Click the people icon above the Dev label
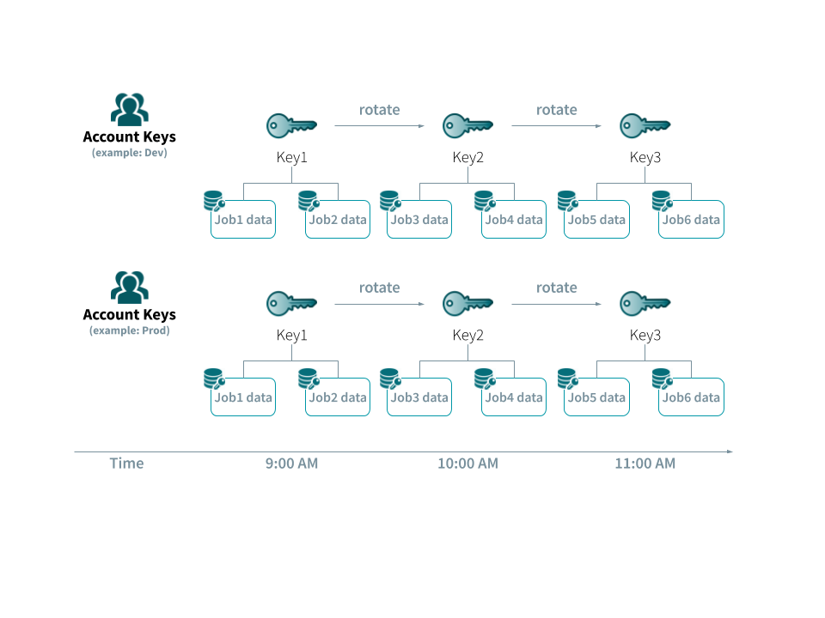pos(130,109)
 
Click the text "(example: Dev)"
pos(129,153)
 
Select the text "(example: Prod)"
pos(129,330)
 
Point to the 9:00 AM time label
pos(291,463)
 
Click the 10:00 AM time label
pos(467,463)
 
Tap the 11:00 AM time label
pos(645,463)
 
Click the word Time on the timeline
pos(126,463)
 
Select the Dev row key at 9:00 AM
pos(291,126)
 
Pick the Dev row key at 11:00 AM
pos(645,126)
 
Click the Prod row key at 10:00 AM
pos(467,304)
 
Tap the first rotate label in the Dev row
pos(379,110)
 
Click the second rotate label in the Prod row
pos(557,288)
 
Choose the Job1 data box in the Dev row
pos(243,220)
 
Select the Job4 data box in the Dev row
pos(514,220)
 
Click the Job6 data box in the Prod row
pos(691,397)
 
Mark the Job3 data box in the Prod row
pos(419,397)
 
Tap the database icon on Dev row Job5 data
pos(567,201)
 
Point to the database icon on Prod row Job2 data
pos(309,379)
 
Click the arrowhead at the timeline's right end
pos(730,451)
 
